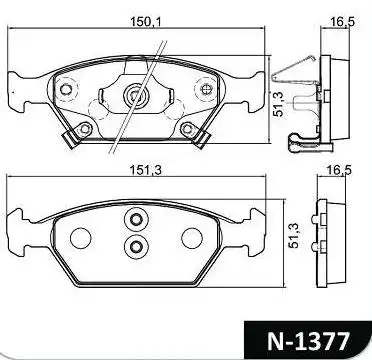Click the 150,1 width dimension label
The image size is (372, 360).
145,22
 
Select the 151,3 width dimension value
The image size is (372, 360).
145,170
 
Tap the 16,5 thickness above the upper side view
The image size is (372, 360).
343,22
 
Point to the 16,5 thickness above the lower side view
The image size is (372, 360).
339,170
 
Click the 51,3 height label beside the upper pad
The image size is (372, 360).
278,104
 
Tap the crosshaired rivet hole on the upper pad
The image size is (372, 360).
207,89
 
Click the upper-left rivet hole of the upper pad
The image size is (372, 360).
66,89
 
